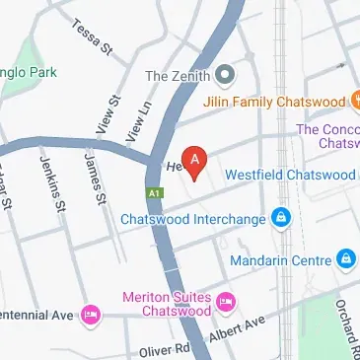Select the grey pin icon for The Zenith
(x=226, y=74)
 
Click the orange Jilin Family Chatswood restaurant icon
(x=353, y=101)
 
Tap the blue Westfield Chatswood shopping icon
(x=354, y=175)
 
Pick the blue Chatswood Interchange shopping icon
(x=281, y=217)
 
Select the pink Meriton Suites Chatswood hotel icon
(x=225, y=299)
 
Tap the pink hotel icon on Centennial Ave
(x=90, y=314)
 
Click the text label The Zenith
(x=179, y=75)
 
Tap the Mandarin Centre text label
(x=280, y=260)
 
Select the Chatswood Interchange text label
(x=193, y=218)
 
